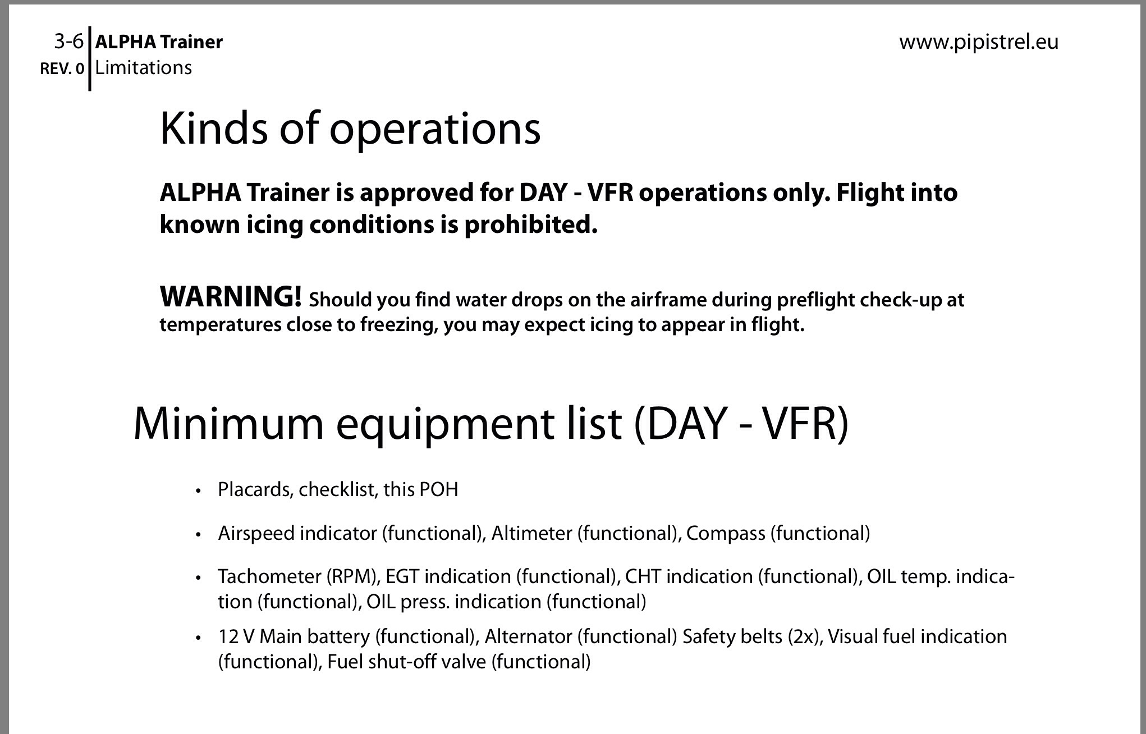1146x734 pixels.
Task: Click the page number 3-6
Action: pos(68,42)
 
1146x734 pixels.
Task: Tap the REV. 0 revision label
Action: pos(62,69)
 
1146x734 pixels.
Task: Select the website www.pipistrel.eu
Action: pos(979,43)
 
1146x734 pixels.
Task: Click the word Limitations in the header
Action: pos(144,68)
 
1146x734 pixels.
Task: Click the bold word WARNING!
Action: pos(231,296)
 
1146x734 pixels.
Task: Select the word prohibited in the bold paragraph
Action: pos(530,224)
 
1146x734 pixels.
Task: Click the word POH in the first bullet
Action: pos(439,490)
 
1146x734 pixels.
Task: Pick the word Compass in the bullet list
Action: pos(726,534)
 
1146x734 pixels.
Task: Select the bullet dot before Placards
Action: pos(198,491)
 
